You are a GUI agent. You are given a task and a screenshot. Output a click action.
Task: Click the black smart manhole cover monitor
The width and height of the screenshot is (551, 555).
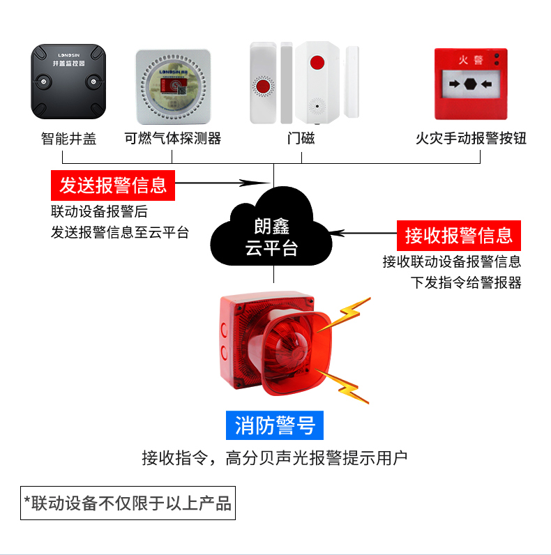[x=68, y=82]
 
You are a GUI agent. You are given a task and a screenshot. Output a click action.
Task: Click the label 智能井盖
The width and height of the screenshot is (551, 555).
[x=68, y=138]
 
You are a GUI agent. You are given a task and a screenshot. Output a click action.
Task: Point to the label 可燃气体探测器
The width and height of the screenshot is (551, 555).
[x=172, y=138]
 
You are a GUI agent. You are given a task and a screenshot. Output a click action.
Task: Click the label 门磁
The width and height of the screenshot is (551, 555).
[x=301, y=138]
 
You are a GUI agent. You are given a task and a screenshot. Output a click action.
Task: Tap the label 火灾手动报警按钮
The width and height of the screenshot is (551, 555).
[x=470, y=138]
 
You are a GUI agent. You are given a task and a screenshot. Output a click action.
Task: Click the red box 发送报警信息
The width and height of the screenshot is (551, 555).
[x=113, y=185]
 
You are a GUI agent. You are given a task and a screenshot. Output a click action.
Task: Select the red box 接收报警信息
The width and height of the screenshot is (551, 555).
[x=459, y=235]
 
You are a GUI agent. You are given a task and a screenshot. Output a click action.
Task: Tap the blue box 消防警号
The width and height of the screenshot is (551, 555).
[x=275, y=425]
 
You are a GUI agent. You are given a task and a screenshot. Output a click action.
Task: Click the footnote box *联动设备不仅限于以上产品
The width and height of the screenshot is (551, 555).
[x=128, y=503]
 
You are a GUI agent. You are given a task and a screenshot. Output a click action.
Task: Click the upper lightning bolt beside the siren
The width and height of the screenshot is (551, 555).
[x=347, y=314]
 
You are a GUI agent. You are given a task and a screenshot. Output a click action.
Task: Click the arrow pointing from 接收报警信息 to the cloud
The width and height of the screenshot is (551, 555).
[x=363, y=234]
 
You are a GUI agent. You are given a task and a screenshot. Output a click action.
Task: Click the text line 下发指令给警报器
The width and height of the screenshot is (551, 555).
[x=465, y=282]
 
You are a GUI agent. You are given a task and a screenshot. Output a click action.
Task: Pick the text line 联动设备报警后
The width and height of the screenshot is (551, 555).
[x=99, y=211]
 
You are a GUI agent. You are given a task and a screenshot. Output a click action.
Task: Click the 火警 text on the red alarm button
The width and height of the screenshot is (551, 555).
[x=470, y=59]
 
